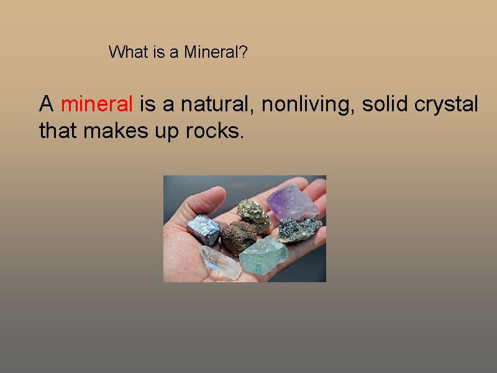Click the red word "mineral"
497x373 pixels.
click(97, 104)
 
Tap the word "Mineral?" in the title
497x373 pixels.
click(216, 52)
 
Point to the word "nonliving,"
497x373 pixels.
click(309, 104)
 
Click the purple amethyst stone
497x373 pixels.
click(292, 201)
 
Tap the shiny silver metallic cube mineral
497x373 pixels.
click(204, 231)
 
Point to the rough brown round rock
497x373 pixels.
click(238, 237)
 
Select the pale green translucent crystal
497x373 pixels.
click(263, 255)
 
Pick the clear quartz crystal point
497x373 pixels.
click(220, 262)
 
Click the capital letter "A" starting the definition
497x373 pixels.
click(46, 104)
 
